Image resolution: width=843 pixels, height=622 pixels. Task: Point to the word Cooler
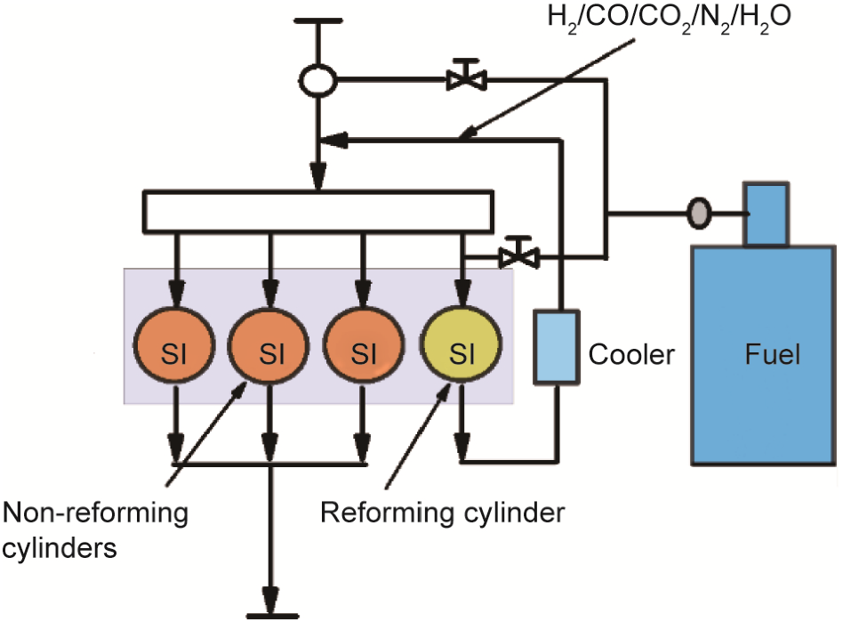pyautogui.click(x=631, y=355)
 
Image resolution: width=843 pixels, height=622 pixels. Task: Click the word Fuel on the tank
pyautogui.click(x=772, y=355)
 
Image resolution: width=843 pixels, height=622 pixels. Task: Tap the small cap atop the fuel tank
pyautogui.click(x=766, y=213)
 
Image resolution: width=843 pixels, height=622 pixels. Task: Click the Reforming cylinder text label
pyautogui.click(x=442, y=513)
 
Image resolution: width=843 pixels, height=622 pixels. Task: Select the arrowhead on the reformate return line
pyautogui.click(x=328, y=139)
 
